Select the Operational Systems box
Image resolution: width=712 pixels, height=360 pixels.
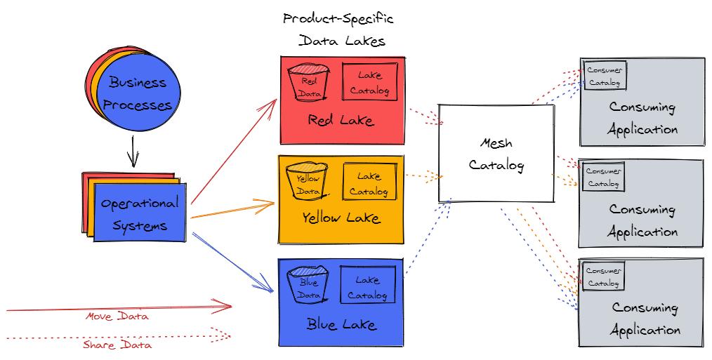click(139, 213)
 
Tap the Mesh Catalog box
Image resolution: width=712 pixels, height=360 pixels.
click(496, 154)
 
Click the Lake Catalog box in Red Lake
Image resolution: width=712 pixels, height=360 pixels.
click(369, 82)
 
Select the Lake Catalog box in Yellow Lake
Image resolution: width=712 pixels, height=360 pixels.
click(369, 182)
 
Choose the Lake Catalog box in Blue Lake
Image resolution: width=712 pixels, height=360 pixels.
click(367, 286)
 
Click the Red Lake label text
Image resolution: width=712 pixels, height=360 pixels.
click(341, 120)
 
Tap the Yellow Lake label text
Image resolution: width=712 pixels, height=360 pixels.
click(341, 218)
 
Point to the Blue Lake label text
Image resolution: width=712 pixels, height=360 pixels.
click(341, 324)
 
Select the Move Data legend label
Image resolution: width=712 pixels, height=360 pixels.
click(117, 316)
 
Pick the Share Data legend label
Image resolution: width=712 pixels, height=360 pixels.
click(117, 345)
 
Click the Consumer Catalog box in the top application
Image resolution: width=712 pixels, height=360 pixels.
click(605, 76)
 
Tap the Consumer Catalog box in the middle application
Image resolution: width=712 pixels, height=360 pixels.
click(603, 177)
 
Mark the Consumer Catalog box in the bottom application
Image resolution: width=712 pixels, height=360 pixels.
click(603, 276)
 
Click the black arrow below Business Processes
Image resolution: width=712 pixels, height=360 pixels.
click(132, 150)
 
